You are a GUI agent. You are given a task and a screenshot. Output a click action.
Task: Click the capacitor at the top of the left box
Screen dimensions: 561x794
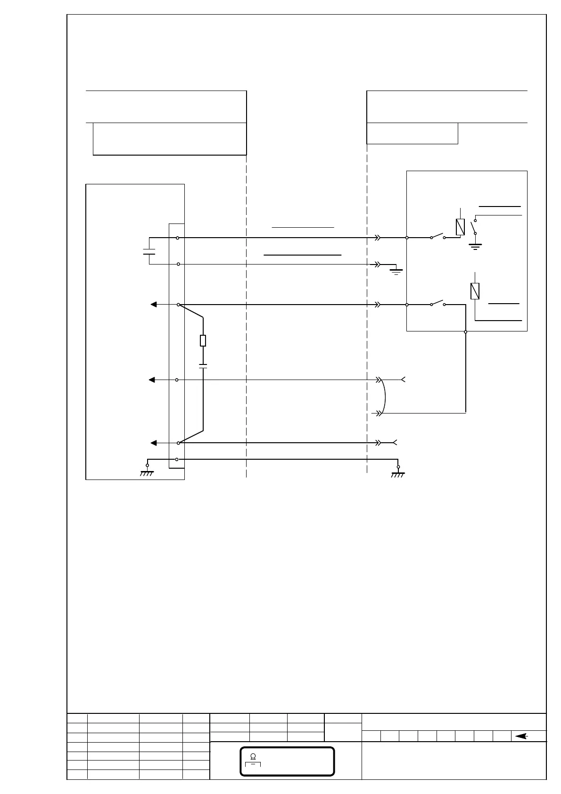point(149,251)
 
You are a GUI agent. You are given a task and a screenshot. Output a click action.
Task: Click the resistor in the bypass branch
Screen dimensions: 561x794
point(203,340)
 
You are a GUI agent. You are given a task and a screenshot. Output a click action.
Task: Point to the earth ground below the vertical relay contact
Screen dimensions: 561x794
point(475,246)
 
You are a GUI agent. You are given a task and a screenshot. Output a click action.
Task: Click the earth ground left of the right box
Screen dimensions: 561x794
point(396,270)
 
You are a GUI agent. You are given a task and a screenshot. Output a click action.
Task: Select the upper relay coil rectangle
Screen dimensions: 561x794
point(461,227)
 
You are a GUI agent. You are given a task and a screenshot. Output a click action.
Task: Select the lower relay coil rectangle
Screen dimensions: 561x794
point(475,291)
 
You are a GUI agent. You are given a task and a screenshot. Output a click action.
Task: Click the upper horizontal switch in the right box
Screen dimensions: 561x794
point(437,237)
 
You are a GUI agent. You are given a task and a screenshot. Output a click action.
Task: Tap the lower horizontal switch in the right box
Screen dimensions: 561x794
point(437,303)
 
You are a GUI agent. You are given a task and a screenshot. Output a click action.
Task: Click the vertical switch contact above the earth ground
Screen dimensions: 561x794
point(474,227)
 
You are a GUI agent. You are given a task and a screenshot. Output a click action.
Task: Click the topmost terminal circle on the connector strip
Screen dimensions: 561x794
point(177,238)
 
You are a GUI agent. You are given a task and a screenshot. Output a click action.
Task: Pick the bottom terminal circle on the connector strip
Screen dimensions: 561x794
point(177,459)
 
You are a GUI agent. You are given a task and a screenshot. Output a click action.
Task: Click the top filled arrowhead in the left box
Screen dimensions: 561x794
point(153,305)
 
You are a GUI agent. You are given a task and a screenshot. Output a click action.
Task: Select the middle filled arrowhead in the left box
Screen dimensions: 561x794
point(152,380)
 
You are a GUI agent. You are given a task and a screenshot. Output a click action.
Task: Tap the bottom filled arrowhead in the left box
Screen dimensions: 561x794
point(153,443)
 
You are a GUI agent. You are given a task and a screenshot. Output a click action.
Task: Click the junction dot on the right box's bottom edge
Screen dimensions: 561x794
point(466,332)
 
